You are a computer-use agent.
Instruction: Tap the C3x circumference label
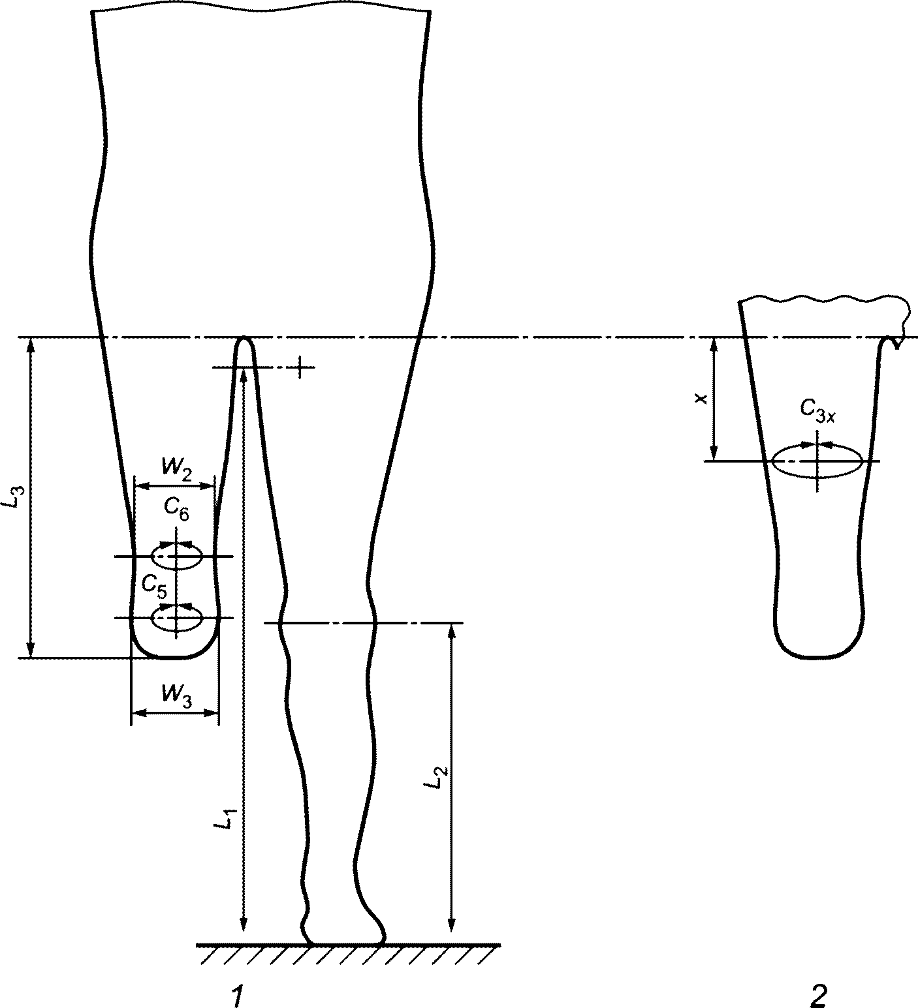817,410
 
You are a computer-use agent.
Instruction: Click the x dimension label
701,398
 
